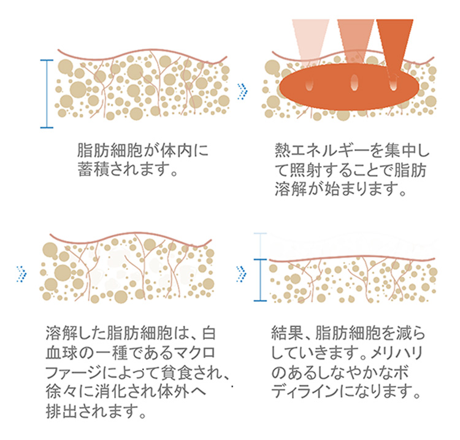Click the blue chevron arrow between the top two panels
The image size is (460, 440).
point(242,91)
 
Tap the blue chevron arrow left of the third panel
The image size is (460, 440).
point(21,274)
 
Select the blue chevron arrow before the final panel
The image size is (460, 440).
point(242,274)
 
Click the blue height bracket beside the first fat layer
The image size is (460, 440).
point(47,94)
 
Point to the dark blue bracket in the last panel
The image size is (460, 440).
point(260,280)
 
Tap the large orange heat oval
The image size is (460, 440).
point(349,87)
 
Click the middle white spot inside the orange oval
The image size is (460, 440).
point(354,82)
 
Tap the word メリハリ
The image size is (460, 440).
point(396,353)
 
